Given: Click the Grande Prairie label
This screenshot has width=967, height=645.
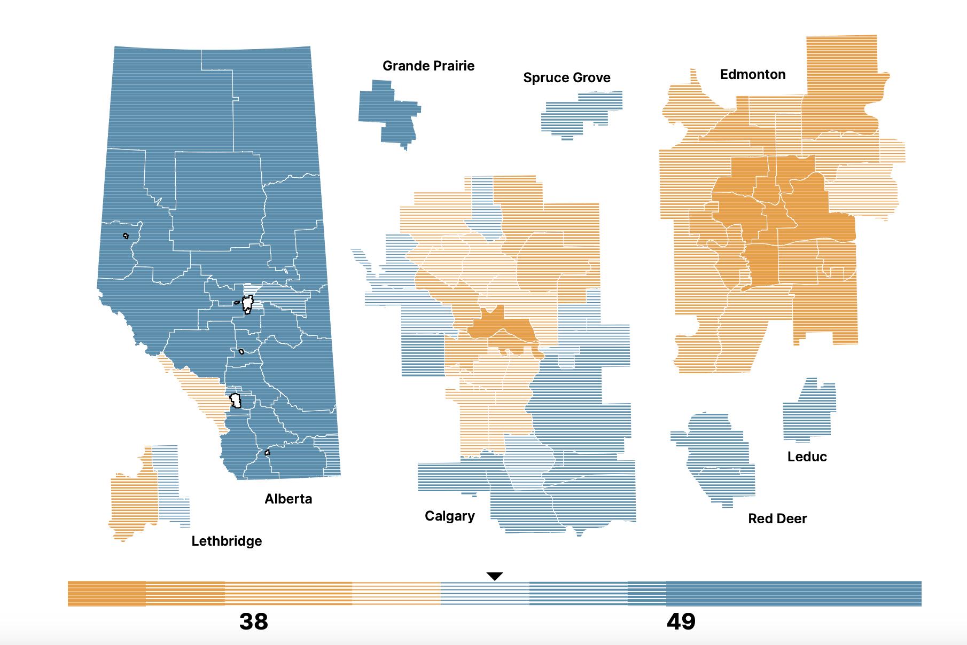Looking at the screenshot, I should pos(428,66).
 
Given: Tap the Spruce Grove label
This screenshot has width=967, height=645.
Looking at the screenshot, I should pos(566,78).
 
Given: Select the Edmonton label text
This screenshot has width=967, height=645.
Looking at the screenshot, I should pos(752,75).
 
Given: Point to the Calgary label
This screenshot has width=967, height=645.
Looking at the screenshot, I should pos(449,516).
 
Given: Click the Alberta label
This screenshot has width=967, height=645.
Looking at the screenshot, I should pos(288,499).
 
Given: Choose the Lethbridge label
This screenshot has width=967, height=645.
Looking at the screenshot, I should pos(227,541).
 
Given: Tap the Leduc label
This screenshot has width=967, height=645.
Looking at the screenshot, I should pos(807,457).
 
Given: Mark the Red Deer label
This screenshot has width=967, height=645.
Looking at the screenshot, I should pos(777,518).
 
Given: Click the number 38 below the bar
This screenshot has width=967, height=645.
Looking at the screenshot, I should pos(253,622).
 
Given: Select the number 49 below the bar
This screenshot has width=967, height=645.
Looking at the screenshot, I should pos(681,622).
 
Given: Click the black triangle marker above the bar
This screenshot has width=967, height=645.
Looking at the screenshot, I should pos(495,576).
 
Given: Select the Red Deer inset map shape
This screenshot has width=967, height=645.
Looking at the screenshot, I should pos(716,459).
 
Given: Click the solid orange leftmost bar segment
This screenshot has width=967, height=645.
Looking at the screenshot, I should pos(106,594).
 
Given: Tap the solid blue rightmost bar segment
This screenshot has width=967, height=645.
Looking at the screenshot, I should pos(793,594).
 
